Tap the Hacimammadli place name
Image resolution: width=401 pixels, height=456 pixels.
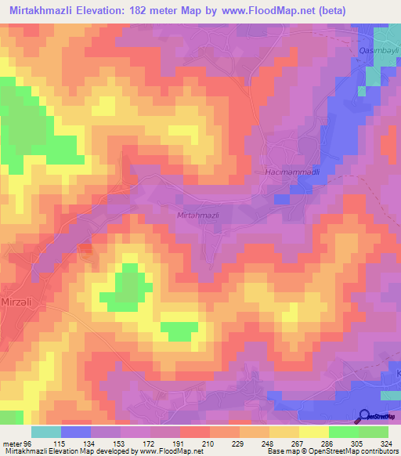(285, 171)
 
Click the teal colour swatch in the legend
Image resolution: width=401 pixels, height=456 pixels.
(46, 431)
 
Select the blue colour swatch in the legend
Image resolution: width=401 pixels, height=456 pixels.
(76, 431)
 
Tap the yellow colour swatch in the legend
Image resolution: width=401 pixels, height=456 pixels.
(313, 431)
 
